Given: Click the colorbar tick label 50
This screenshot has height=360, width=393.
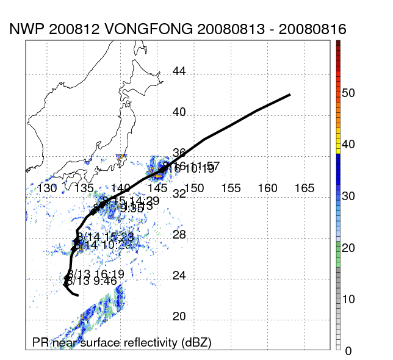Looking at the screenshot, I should (x=348, y=93).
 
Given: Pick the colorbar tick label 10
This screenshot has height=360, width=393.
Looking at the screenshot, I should (x=348, y=299).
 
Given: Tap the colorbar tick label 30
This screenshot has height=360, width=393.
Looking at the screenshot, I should (x=348, y=196).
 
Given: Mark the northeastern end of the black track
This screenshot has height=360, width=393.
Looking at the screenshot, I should (x=289, y=95).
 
